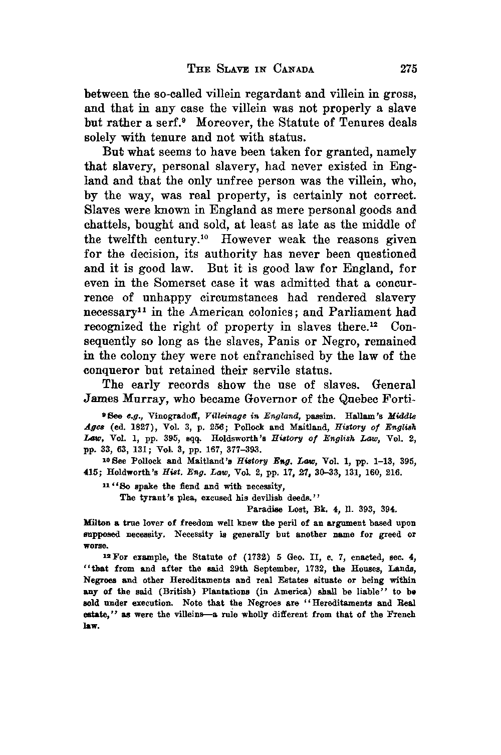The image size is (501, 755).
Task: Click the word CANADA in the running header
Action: click(294, 69)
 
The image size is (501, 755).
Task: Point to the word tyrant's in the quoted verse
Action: click(152, 498)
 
